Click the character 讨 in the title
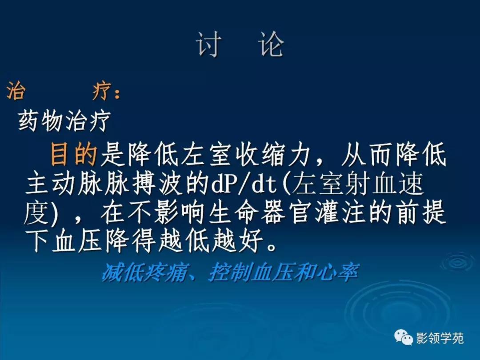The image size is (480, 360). click(209, 44)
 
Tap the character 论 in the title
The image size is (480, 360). click(272, 44)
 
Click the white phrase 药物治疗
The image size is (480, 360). click(64, 120)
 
